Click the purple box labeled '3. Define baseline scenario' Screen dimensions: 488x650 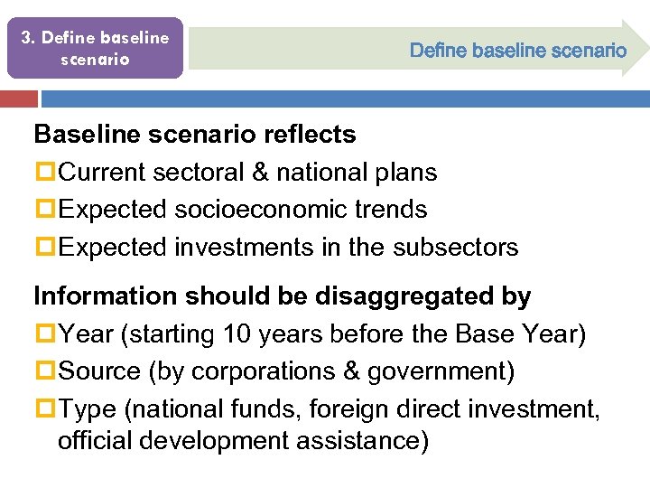tap(95, 48)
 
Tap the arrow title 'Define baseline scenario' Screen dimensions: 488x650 tap(517, 51)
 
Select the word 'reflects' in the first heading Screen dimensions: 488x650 tap(310, 135)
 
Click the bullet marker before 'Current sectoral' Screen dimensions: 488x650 tap(45, 173)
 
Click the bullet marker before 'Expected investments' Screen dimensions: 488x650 tap(45, 247)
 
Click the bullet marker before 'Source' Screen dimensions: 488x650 tap(45, 371)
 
